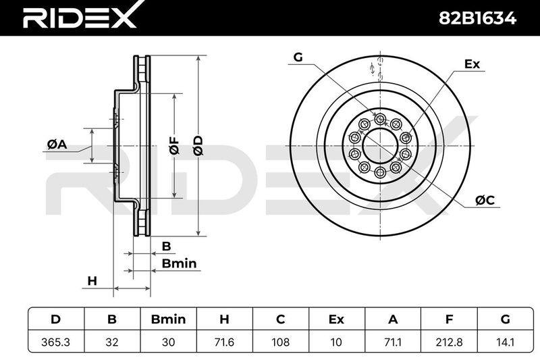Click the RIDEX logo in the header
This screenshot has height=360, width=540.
click(79, 16)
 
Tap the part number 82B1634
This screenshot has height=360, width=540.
click(477, 18)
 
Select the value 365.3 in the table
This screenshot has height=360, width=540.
click(56, 342)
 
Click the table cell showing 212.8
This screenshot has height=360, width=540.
click(449, 342)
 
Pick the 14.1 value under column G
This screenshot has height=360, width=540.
click(505, 342)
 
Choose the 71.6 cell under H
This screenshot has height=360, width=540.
click(224, 342)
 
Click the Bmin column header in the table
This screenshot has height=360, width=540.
click(168, 319)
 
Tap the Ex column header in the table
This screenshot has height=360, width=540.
click(336, 319)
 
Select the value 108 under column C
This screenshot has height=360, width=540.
click(280, 342)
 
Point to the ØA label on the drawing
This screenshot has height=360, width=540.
click(57, 145)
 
